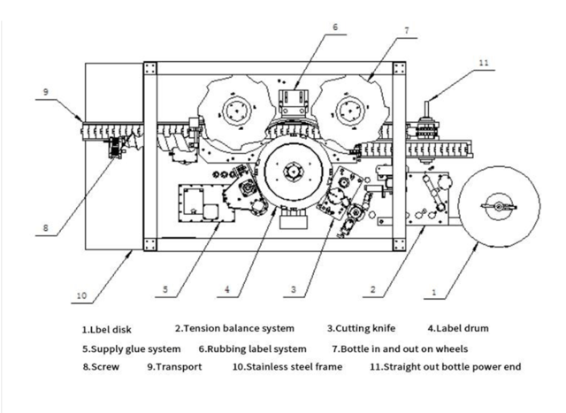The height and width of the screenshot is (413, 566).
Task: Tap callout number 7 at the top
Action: point(405,31)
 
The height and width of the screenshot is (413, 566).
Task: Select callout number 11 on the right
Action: point(482,64)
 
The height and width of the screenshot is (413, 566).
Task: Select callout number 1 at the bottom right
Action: point(433,289)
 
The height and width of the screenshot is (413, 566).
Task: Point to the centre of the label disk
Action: point(497,206)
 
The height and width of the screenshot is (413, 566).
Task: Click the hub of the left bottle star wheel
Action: point(236,110)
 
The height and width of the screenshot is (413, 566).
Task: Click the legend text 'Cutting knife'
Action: point(364,329)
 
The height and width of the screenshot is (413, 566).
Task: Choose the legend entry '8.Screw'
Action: point(102,366)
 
